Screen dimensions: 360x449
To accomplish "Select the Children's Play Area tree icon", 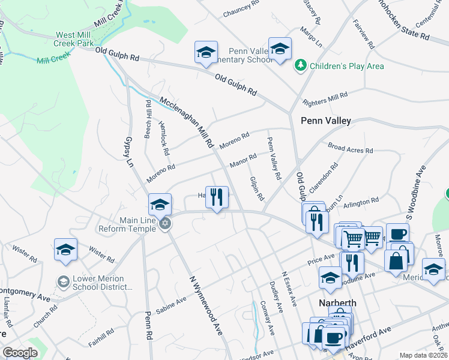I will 300,65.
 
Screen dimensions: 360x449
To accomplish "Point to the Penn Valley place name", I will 325,121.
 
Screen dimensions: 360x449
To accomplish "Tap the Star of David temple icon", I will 165,224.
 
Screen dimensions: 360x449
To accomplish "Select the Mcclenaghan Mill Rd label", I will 187,122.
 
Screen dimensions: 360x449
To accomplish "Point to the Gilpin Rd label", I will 256,187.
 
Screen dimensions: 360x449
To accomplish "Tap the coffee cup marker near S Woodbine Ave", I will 396,233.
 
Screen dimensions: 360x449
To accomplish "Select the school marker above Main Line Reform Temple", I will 160,205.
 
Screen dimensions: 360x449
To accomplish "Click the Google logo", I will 20,352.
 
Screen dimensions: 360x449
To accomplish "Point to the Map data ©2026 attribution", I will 423,355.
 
